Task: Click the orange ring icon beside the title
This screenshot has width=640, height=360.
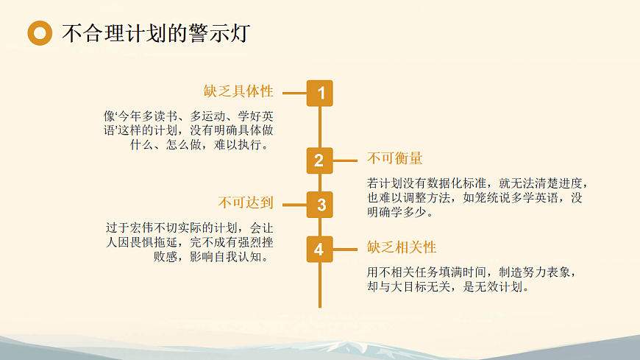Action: (x=40, y=32)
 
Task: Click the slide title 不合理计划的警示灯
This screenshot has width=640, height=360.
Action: (x=156, y=33)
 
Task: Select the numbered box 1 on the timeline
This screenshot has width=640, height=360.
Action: (x=320, y=93)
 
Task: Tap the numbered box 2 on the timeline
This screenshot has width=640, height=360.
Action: (x=319, y=160)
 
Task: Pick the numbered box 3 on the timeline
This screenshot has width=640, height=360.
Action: (x=320, y=205)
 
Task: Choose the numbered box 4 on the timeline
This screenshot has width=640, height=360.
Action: (x=319, y=250)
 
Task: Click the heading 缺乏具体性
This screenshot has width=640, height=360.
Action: (x=238, y=91)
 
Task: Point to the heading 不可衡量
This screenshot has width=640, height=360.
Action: (x=394, y=159)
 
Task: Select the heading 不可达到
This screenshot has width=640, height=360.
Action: (x=246, y=202)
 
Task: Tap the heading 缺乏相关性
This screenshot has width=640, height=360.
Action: (x=402, y=247)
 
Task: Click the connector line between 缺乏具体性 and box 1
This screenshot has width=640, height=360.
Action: (x=294, y=93)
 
